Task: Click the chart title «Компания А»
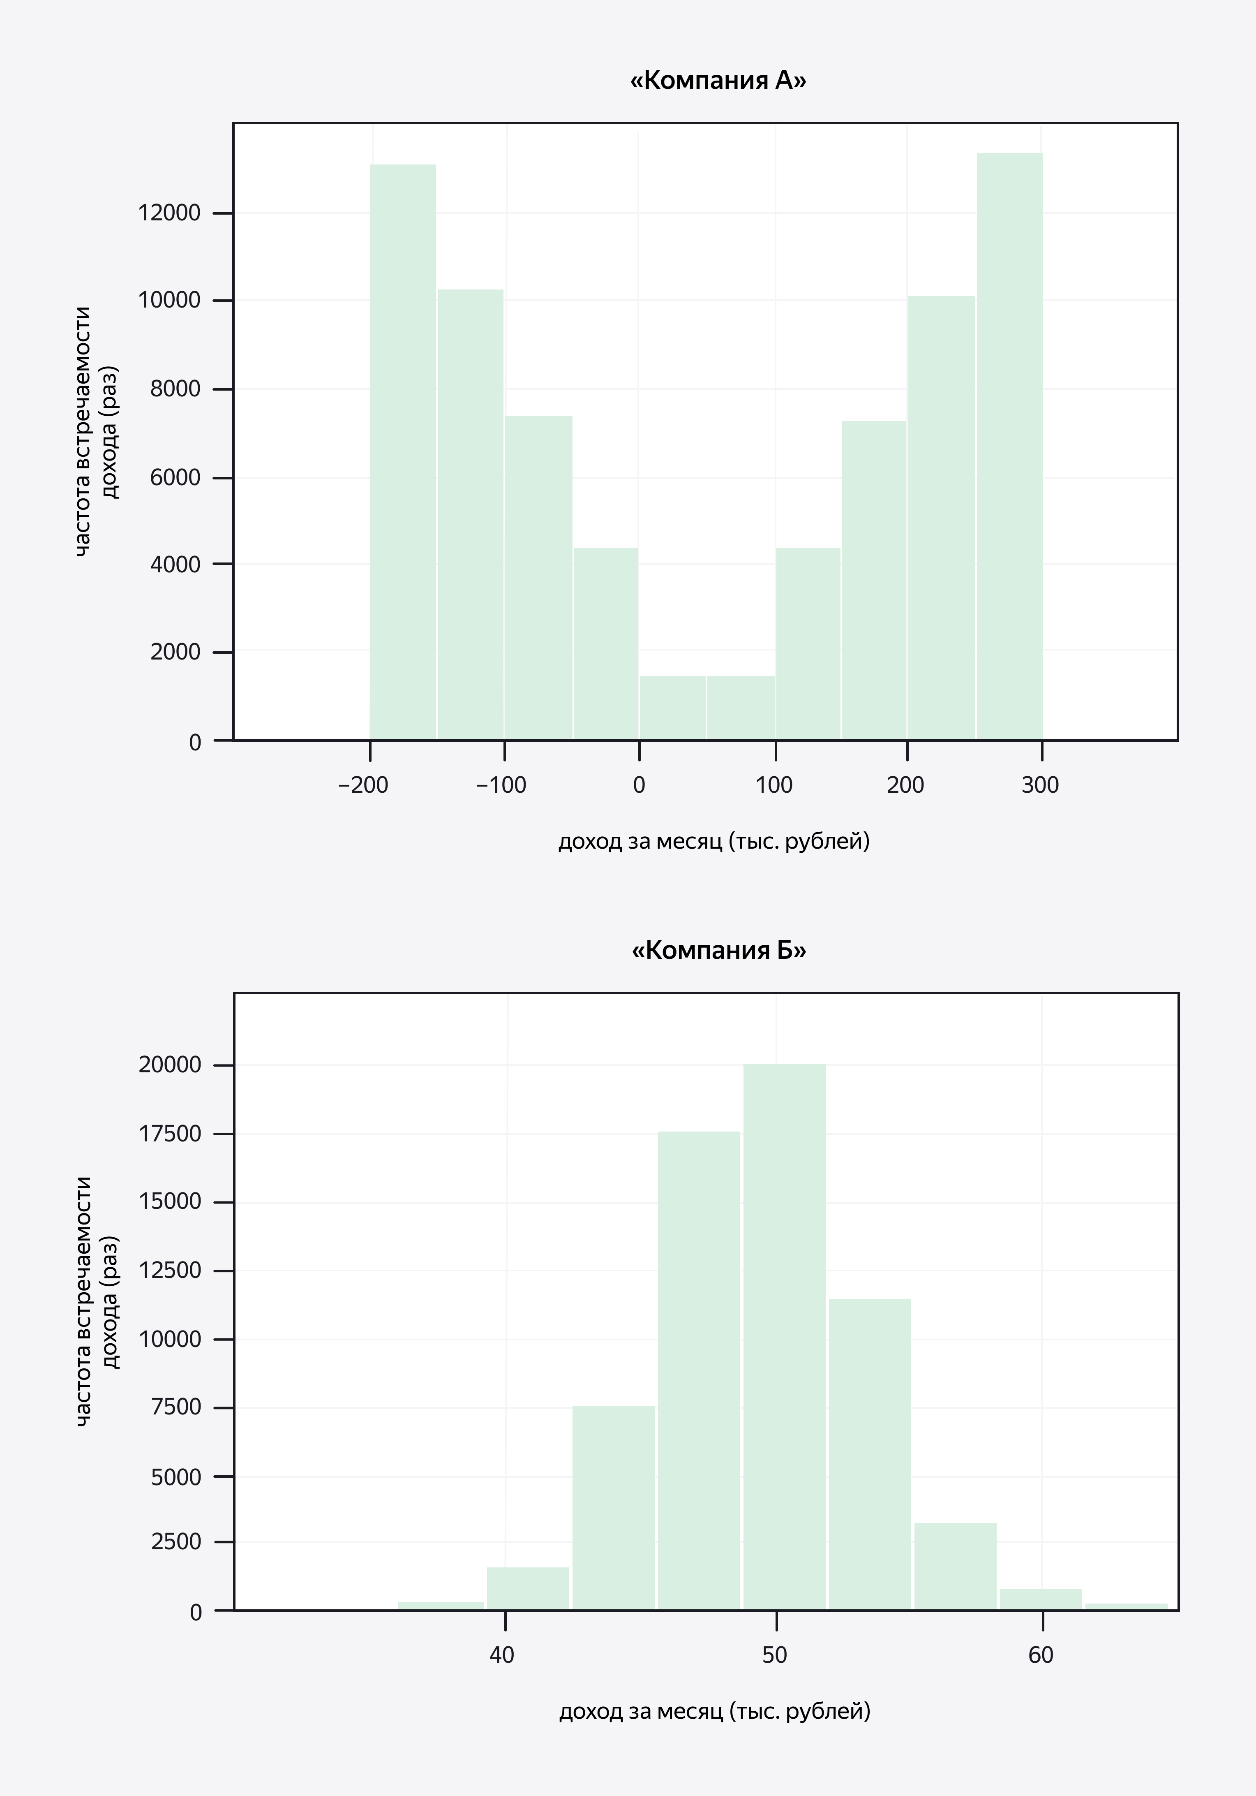(x=718, y=81)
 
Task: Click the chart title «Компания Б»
(x=718, y=950)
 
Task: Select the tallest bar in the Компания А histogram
(x=1009, y=446)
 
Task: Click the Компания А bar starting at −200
(x=403, y=452)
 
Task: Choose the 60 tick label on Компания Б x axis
(x=1040, y=1655)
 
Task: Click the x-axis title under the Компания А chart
(x=713, y=842)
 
